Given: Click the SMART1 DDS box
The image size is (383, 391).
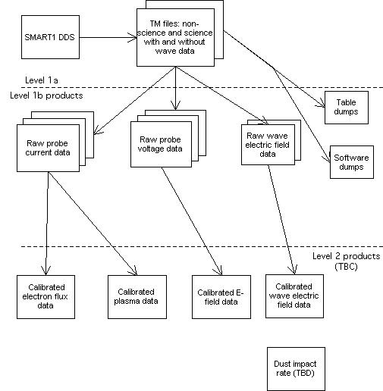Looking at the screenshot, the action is click(50, 37).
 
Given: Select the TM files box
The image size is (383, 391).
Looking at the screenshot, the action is click(175, 38).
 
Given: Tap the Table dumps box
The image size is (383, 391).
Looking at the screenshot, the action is click(347, 108).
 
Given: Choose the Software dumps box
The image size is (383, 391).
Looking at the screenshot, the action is click(352, 162).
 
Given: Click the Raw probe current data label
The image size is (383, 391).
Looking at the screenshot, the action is click(48, 148).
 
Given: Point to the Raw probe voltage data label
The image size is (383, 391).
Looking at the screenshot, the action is click(160, 144).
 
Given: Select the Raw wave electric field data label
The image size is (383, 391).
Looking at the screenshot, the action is click(268, 145).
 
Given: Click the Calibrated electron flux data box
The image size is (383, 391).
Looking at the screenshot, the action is click(46, 297).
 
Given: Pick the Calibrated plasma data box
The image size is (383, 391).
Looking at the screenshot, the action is click(137, 297).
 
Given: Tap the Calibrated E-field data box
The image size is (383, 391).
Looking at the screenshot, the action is click(221, 297).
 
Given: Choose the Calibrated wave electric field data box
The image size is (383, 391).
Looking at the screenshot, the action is click(294, 296).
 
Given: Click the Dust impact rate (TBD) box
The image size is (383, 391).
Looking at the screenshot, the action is click(296, 369).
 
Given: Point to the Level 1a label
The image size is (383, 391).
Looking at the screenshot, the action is click(42, 80).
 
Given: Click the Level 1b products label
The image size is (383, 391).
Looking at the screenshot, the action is click(46, 95).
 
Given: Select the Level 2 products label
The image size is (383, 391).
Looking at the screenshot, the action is click(347, 256).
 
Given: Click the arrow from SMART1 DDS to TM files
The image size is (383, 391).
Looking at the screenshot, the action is click(108, 38).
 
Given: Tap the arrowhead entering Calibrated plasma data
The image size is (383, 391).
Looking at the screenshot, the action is click(133, 271).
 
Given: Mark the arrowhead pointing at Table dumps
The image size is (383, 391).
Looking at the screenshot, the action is click(321, 103).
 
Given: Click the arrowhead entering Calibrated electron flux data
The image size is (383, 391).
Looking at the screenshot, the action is click(46, 271).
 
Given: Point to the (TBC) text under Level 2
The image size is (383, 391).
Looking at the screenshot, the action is click(346, 267).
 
